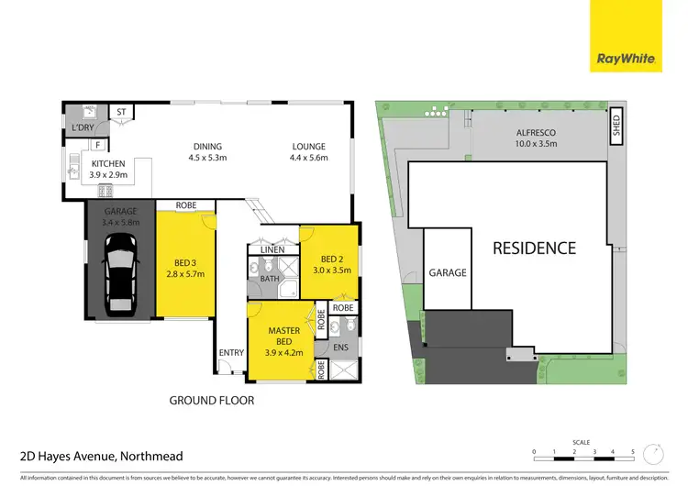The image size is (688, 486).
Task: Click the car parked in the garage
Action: [120, 270]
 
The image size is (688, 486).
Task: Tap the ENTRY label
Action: [231, 353]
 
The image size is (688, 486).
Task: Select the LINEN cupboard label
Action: [272, 249]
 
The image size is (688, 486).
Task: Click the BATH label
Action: [270, 278]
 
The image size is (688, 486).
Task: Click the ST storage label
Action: [121, 112]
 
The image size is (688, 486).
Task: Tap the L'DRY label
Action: [84, 127]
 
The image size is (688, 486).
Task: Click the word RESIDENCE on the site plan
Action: [534, 248]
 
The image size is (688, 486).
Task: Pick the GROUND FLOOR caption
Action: [212, 400]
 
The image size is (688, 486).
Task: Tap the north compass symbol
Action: [652, 454]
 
